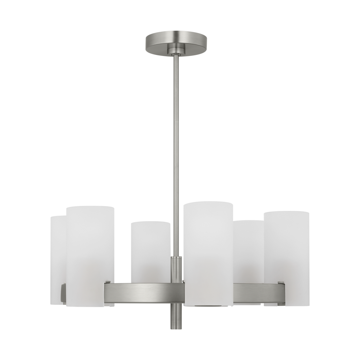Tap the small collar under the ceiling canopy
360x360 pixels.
[x=175, y=52]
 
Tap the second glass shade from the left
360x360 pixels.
[x=90, y=253]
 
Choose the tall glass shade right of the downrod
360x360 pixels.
[x=208, y=249]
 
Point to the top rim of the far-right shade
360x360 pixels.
[x=287, y=212]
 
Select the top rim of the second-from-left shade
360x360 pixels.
[x=90, y=207]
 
